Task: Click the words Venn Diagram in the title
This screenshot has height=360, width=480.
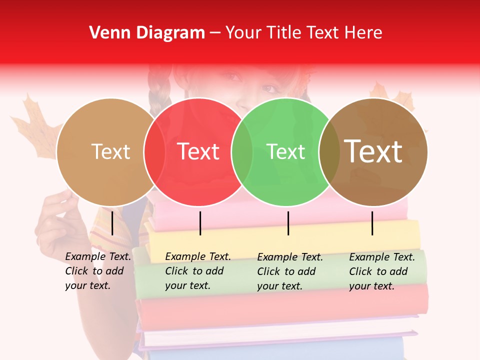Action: tap(147, 33)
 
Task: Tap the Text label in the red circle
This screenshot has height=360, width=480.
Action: tap(198, 151)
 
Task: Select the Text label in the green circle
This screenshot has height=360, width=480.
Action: tap(286, 151)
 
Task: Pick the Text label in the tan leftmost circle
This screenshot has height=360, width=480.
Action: tap(110, 151)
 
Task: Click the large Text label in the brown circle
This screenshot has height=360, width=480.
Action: tap(373, 151)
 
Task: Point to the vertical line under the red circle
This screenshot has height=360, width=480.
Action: tap(200, 223)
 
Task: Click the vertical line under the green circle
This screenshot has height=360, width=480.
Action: tap(288, 223)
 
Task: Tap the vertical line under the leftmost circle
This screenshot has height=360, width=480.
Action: tap(112, 223)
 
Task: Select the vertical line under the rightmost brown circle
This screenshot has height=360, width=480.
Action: tap(372, 223)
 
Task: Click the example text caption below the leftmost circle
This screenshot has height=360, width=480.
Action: tap(98, 271)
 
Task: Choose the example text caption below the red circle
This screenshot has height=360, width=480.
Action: tap(198, 271)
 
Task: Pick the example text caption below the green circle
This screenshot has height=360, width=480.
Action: tap(290, 271)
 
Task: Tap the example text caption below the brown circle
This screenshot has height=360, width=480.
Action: tap(382, 271)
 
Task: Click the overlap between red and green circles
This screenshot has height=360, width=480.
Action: tap(242, 151)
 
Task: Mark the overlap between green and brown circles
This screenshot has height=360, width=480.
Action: tap(329, 151)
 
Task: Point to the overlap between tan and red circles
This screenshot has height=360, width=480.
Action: tap(154, 151)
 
